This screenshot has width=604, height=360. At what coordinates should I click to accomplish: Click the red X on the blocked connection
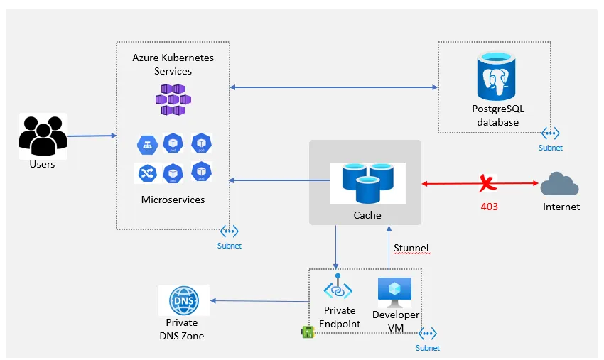click(487, 184)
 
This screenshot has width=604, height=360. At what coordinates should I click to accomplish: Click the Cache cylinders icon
click(367, 183)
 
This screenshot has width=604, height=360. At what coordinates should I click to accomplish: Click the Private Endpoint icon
click(338, 288)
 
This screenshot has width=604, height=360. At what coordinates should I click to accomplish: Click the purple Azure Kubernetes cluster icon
click(173, 99)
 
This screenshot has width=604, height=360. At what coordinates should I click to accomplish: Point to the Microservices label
click(173, 200)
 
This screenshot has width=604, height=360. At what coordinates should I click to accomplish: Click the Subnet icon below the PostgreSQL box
click(550, 133)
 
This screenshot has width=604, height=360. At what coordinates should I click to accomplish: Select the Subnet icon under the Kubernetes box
click(229, 231)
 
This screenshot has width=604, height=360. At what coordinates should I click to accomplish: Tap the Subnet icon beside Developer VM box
click(427, 334)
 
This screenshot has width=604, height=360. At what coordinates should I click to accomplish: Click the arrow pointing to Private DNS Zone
click(259, 301)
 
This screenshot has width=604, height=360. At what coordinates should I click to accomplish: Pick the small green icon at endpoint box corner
click(308, 332)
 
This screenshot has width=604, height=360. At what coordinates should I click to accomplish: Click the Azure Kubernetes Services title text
click(173, 64)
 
